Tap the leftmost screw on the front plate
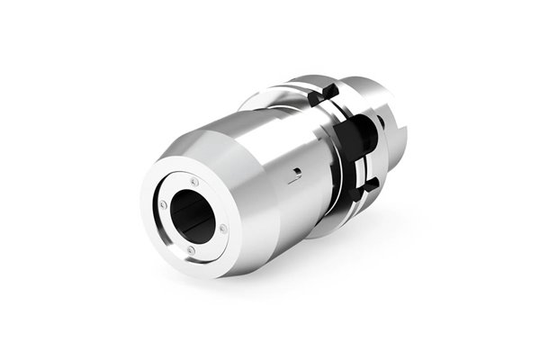point(163,204)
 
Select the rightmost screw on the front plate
point(223,229)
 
